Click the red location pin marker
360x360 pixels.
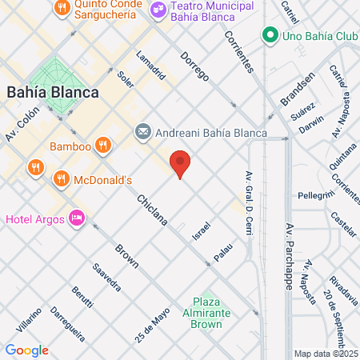coord(181,164)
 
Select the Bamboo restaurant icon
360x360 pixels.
coord(102,146)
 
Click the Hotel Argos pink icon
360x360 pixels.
coord(77,218)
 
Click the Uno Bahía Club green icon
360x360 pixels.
coord(270,35)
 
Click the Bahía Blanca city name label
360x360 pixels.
coord(53,92)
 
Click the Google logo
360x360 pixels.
coord(26,350)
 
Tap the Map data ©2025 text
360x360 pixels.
coord(326,354)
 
